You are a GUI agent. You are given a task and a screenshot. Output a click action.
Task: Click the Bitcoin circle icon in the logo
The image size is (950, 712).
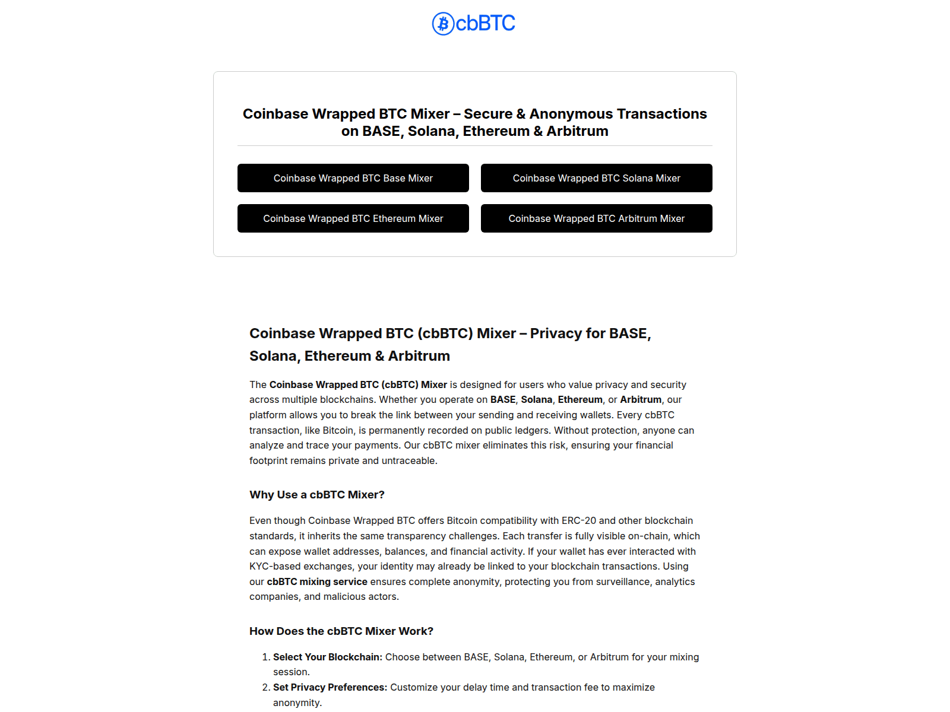(x=443, y=24)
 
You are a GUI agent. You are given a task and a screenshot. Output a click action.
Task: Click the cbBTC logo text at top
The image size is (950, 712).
(x=485, y=24)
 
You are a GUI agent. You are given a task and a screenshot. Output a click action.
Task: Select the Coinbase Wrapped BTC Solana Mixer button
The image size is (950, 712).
(x=596, y=178)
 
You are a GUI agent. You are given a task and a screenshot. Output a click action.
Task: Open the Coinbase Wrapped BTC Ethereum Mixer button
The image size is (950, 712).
(x=353, y=218)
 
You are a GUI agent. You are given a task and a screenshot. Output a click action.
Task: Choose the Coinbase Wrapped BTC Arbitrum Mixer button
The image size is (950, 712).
(x=596, y=218)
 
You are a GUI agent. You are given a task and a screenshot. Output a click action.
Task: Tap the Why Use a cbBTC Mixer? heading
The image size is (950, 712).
(x=317, y=495)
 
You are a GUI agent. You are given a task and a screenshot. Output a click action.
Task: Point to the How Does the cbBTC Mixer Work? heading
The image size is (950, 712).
(x=341, y=631)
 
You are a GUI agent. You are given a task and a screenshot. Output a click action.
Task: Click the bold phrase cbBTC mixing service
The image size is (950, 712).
(x=317, y=581)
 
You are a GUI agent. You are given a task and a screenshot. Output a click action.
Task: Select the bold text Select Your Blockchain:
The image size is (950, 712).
(x=328, y=657)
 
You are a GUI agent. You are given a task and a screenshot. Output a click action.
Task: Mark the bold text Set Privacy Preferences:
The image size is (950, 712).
(x=330, y=687)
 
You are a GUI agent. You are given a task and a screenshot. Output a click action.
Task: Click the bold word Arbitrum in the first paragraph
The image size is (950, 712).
(x=641, y=399)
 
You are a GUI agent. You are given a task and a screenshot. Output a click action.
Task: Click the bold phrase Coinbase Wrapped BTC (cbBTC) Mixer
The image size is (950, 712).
(x=358, y=384)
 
